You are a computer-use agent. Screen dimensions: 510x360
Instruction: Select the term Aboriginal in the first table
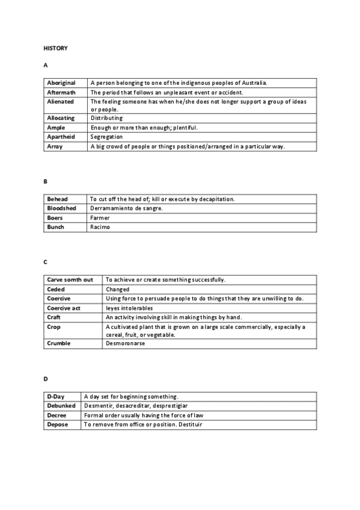coord(61,83)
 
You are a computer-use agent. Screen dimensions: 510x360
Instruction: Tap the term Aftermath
coord(60,93)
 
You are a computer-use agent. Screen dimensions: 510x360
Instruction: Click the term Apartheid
coord(60,137)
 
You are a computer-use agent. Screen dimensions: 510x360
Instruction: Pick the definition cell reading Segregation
coord(106,137)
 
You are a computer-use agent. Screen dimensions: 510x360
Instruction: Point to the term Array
coord(55,146)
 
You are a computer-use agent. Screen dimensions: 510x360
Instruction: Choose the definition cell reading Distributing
coord(106,118)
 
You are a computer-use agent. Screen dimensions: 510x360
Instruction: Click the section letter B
coord(45,181)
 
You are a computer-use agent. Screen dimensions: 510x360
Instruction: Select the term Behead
coord(57,199)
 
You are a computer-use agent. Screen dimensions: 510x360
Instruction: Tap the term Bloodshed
coord(61,208)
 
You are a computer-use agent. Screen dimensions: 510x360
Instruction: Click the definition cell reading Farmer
coord(100,218)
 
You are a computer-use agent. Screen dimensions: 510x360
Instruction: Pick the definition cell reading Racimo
coord(100,227)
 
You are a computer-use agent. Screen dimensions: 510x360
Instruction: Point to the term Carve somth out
coord(70,280)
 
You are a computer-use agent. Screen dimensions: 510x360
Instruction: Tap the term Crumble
coord(58,343)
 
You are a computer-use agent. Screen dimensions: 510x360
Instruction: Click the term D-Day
coord(56,396)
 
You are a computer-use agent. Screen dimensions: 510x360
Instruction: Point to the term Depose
coord(58,425)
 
